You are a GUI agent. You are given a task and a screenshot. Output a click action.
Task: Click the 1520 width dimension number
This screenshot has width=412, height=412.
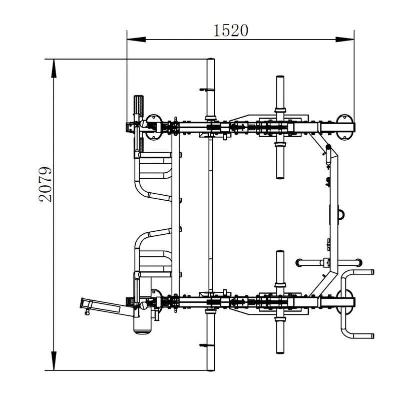pyautogui.click(x=230, y=30)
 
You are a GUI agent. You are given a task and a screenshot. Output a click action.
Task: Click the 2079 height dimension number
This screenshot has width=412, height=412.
pyautogui.click(x=45, y=184)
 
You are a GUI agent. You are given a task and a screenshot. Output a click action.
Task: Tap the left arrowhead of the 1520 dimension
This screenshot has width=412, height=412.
pyautogui.click(x=136, y=40)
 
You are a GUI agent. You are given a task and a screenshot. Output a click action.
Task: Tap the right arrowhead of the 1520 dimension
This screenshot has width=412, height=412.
pyautogui.click(x=345, y=40)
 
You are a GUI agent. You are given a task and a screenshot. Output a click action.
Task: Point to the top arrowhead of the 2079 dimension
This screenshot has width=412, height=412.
pyautogui.click(x=54, y=69)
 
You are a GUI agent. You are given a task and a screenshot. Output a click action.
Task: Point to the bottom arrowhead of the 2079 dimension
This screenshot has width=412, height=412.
pyautogui.click(x=54, y=361)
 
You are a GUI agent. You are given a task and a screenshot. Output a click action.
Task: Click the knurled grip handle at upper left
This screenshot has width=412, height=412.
pyautogui.click(x=139, y=105)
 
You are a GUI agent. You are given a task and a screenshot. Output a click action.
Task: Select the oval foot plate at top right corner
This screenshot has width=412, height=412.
pyautogui.click(x=345, y=127)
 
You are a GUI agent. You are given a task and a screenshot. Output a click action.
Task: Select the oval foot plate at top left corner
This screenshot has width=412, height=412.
pyautogui.click(x=153, y=127)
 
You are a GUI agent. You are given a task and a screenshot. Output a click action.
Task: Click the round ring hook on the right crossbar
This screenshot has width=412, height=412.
pyautogui.click(x=341, y=214)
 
